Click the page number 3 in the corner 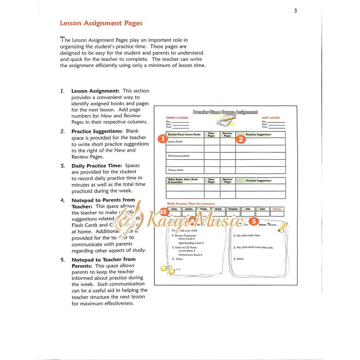click(296, 11)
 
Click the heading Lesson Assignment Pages click(101, 23)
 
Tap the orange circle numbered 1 click(162, 139)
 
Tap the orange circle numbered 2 click(241, 139)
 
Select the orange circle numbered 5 click(253, 221)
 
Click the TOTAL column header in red click(277, 209)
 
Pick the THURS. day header click(233, 209)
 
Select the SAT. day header click(262, 209)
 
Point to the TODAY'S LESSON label click(177, 118)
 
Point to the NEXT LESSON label click(271, 118)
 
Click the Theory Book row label click(176, 170)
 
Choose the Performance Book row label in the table click(179, 156)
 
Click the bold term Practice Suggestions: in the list click(97, 131)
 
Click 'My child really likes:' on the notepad click(249, 236)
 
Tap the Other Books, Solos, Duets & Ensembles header click(183, 181)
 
